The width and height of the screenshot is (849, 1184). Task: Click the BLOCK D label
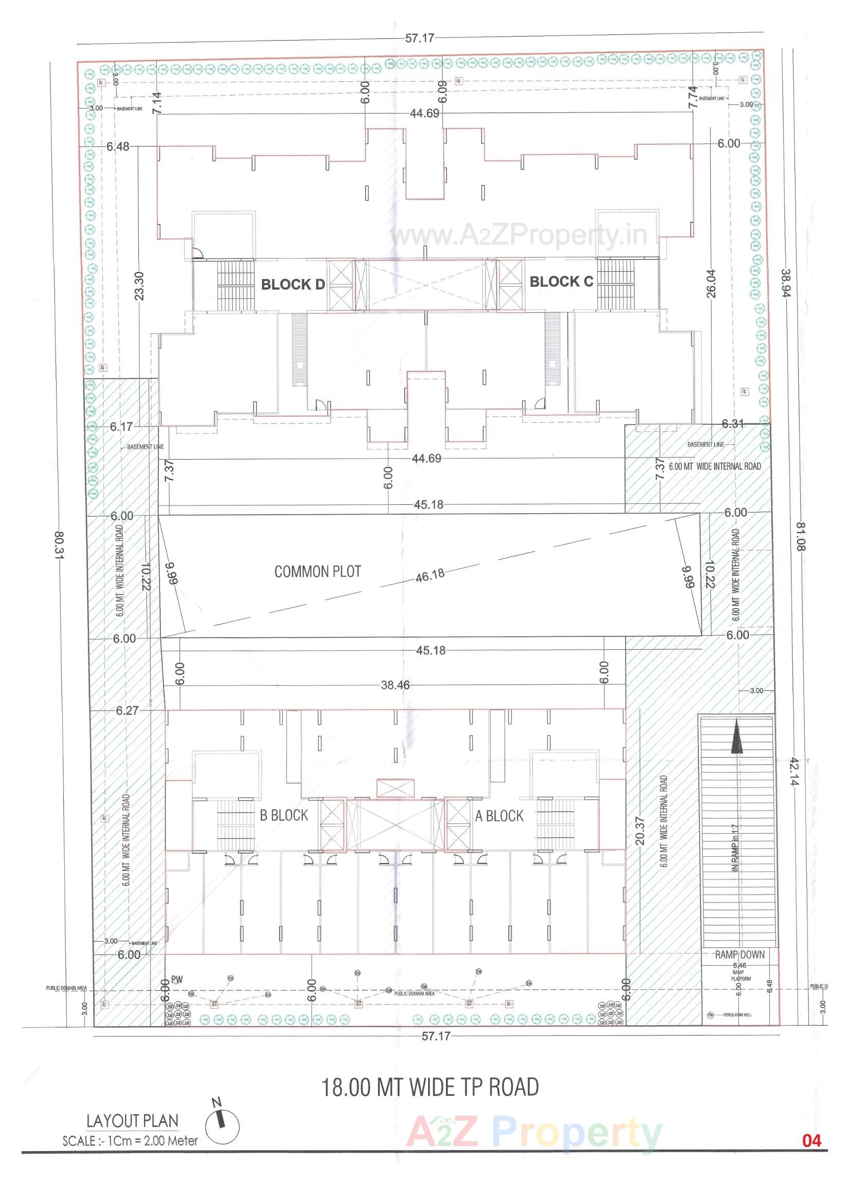(x=292, y=285)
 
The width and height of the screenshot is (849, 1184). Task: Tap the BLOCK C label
(x=561, y=282)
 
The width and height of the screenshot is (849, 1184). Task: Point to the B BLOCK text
(x=284, y=815)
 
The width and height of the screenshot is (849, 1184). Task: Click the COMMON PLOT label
(x=318, y=572)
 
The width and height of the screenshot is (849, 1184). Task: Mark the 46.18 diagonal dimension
(x=431, y=574)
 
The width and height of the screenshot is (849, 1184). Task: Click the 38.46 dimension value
(x=395, y=685)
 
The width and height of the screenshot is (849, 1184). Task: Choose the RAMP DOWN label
(x=740, y=955)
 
